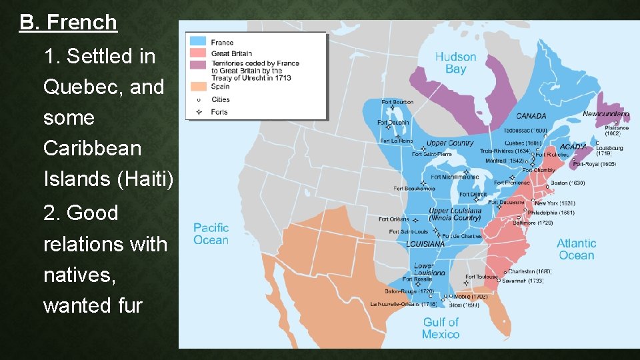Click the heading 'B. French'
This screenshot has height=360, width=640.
click(x=68, y=23)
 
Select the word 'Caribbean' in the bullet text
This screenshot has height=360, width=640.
click(x=92, y=148)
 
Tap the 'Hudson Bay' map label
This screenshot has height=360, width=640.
click(x=455, y=63)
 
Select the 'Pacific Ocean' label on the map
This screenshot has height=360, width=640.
click(x=211, y=234)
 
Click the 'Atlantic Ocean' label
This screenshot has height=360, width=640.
click(x=577, y=249)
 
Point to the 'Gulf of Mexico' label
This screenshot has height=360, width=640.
click(x=441, y=328)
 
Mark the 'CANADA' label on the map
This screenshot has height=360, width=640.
click(x=531, y=116)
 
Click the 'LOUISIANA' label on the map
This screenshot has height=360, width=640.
click(x=425, y=244)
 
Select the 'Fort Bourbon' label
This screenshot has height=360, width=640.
click(x=397, y=102)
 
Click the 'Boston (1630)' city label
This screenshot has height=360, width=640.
click(x=567, y=183)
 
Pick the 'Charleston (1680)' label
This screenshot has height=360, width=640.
click(x=529, y=271)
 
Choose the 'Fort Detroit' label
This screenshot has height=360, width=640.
click(x=473, y=195)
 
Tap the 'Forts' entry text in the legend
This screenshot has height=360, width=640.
click(x=219, y=112)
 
